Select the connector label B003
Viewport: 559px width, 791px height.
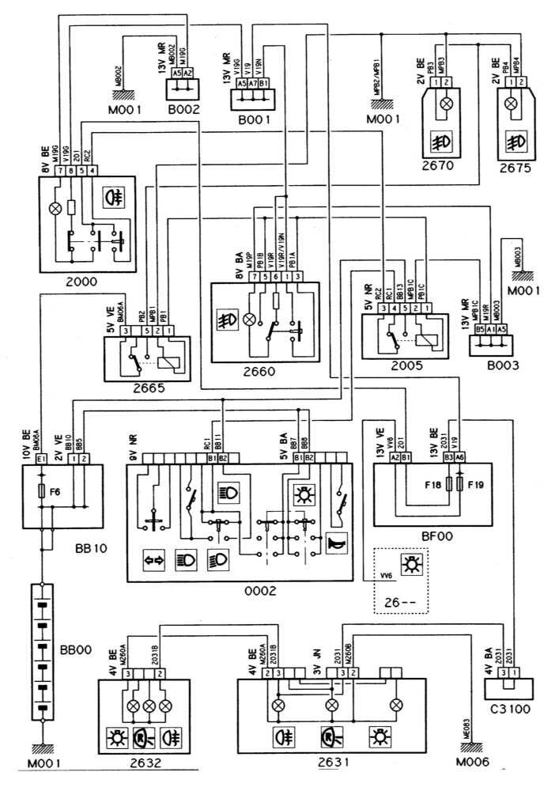(x=489, y=366)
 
